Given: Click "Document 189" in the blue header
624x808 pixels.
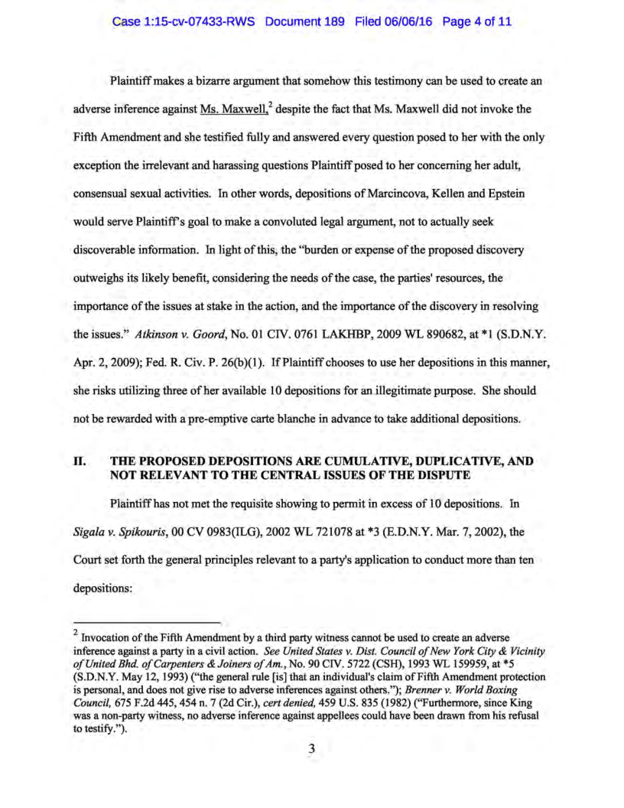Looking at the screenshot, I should (x=306, y=22).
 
